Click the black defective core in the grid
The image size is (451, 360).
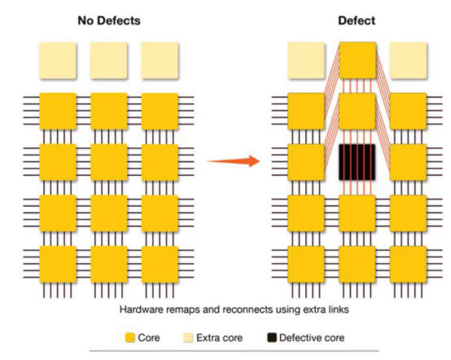[357, 162]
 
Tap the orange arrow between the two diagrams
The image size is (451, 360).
[234, 161]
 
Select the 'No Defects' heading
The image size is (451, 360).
[109, 20]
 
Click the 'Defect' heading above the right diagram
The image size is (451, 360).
[357, 20]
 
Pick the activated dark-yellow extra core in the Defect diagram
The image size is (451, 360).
[357, 60]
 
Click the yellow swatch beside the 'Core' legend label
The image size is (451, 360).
[130, 337]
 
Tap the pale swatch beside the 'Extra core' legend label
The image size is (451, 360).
[188, 337]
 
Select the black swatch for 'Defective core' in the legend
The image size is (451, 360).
[272, 337]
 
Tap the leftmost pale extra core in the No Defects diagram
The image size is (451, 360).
[58, 60]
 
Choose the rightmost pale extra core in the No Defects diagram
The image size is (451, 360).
[160, 60]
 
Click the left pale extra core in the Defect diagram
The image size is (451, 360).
[306, 60]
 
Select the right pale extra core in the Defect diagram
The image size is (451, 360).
[408, 60]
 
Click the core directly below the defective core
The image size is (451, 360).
[357, 213]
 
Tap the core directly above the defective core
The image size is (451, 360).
[357, 112]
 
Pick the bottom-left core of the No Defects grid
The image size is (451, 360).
[58, 264]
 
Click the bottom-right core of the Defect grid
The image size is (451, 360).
[408, 264]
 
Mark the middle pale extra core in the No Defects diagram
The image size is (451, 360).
[109, 60]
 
